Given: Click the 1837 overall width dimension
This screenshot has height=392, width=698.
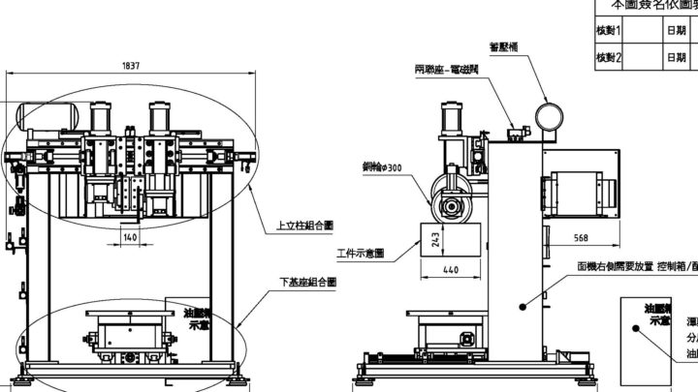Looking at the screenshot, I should point(131,66).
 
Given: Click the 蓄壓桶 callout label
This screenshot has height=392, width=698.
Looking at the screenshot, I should point(510,45).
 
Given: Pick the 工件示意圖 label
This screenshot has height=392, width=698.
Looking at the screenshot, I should point(361,254).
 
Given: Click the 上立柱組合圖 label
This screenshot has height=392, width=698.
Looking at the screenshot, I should point(304,225).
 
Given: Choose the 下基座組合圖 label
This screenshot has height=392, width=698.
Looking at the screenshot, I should point(307,283).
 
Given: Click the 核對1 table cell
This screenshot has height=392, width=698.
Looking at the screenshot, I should point(610,30).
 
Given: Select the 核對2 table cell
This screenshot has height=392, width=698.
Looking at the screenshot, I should point(610,58).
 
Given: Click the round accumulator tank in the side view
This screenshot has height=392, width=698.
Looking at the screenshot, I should point(551,116).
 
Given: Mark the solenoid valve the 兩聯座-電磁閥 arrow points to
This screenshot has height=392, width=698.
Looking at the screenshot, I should point(521,134).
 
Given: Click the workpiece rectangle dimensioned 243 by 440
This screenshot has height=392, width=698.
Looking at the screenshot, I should point(452,238).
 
